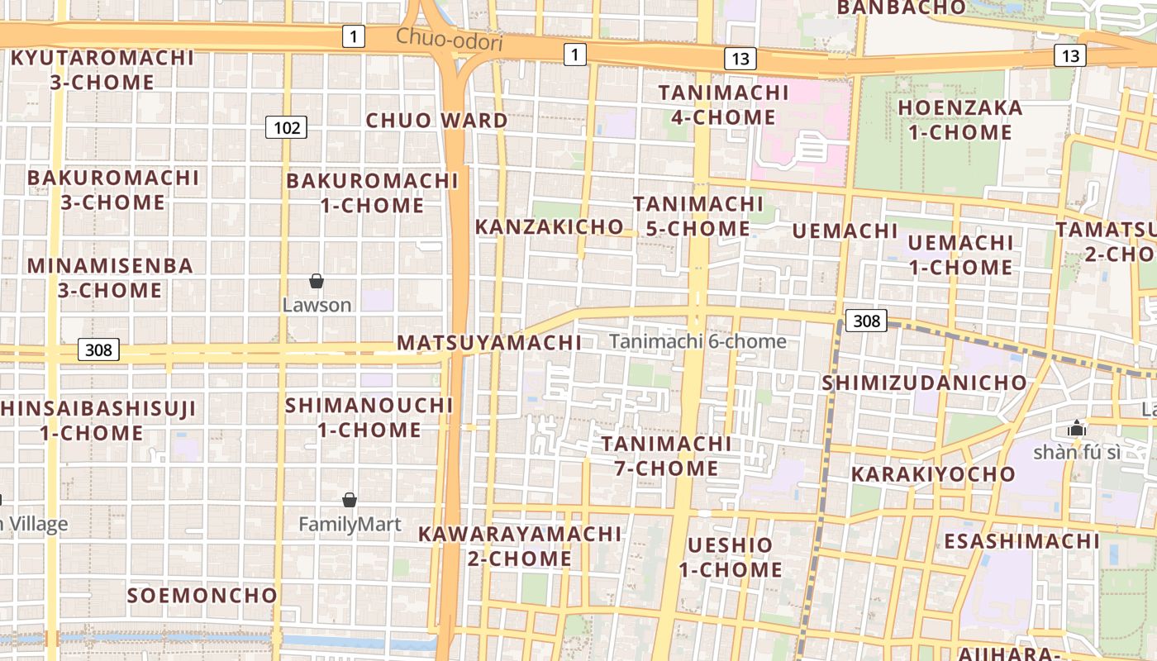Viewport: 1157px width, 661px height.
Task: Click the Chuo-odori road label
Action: tap(449, 39)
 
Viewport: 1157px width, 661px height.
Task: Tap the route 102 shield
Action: tap(286, 127)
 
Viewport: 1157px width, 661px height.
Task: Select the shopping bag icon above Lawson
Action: tap(316, 282)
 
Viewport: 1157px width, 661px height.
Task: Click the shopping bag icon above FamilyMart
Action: tap(350, 500)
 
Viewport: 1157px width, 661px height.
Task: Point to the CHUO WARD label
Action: tap(437, 121)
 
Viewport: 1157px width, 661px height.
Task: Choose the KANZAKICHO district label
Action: tap(549, 226)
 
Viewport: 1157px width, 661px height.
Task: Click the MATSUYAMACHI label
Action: tap(489, 343)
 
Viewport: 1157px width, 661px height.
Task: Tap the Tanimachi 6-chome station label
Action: tap(698, 341)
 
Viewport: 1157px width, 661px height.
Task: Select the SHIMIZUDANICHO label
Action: tap(924, 383)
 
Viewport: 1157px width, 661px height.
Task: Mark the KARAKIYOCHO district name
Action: tap(933, 474)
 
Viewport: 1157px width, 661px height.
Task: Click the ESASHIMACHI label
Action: tap(1021, 541)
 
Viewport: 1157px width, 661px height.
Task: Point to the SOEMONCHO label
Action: tap(202, 595)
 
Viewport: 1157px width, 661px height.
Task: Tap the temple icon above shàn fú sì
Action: tap(1076, 429)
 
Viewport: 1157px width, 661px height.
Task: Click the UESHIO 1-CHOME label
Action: tap(731, 557)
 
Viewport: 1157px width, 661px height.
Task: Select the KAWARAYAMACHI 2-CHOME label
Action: tap(519, 546)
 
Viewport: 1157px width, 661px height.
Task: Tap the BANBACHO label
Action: tap(901, 8)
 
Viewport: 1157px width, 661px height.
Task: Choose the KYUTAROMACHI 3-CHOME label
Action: tap(102, 70)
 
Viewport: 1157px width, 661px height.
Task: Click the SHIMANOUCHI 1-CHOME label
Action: tap(369, 417)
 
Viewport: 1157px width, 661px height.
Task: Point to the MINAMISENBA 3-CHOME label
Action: tap(110, 278)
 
